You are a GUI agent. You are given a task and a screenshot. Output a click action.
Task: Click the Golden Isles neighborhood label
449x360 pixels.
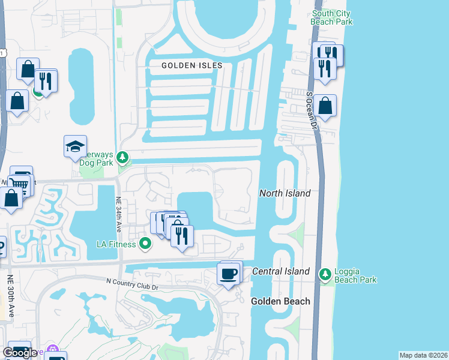tap(192, 65)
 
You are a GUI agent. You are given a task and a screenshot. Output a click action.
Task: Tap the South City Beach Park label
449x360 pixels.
tap(332, 17)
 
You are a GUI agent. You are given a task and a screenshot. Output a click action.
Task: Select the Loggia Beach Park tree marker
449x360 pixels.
tap(325, 274)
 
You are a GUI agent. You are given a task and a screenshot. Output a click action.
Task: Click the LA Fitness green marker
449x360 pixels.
tap(145, 244)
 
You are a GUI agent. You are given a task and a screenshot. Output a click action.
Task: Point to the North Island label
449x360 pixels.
tap(285, 193)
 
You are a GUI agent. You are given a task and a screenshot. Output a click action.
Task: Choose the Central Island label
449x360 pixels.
tap(280, 271)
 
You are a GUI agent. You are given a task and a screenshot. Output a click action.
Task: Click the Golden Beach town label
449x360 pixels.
tap(280, 301)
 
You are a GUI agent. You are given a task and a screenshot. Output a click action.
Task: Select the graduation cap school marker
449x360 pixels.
tap(76, 146)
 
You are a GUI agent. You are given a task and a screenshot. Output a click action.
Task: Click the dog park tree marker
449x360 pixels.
tap(123, 157)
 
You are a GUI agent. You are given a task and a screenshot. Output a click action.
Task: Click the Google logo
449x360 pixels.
tap(20, 352)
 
